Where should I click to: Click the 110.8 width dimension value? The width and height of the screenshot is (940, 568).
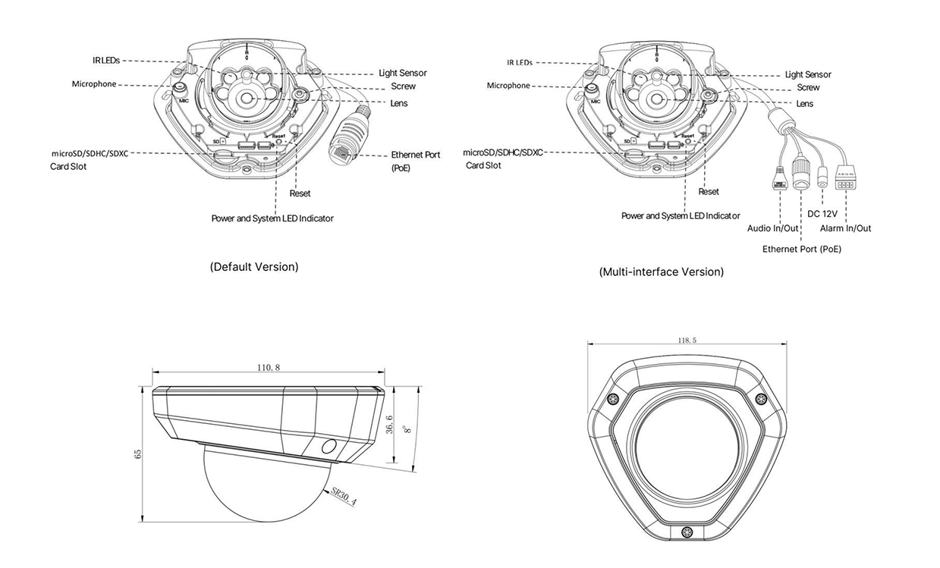click(x=269, y=368)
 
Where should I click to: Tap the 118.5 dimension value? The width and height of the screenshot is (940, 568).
click(x=687, y=340)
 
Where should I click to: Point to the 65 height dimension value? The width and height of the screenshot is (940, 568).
click(x=138, y=453)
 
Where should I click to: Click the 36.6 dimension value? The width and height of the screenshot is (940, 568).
click(x=389, y=424)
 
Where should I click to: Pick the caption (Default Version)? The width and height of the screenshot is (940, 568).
click(x=254, y=267)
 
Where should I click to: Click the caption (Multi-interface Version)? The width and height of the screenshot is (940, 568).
click(x=661, y=271)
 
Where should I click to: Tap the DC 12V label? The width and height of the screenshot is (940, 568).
click(x=823, y=214)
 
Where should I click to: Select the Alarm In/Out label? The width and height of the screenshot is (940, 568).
click(x=845, y=228)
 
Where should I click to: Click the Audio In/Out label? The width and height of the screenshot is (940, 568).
click(x=772, y=228)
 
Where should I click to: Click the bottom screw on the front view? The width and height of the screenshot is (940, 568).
click(x=687, y=532)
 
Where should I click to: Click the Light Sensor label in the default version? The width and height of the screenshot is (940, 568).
click(x=402, y=74)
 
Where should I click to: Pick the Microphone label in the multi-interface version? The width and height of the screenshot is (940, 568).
click(x=508, y=86)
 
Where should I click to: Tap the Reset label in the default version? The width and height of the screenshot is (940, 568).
click(x=300, y=193)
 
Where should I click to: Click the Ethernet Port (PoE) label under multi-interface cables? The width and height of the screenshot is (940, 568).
click(x=801, y=249)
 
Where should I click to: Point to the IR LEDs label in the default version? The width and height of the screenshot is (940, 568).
click(x=106, y=59)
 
